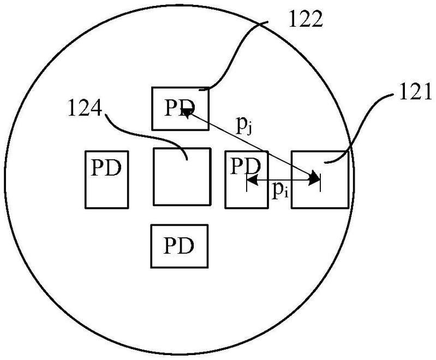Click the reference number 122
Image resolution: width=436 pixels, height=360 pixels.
[306, 19]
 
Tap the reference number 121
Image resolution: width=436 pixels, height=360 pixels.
[415, 92]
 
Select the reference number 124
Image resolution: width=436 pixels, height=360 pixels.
[85, 108]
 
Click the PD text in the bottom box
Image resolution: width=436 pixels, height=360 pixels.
[178, 246]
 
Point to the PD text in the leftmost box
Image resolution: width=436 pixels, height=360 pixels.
[106, 167]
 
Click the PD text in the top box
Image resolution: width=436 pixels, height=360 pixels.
[180, 107]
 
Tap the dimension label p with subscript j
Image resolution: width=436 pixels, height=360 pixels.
[244, 126]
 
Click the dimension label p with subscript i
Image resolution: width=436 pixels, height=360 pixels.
[280, 191]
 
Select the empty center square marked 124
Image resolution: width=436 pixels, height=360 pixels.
[182, 177]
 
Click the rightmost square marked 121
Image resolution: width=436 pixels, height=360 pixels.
[320, 179]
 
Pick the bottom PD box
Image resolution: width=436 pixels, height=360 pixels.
[180, 246]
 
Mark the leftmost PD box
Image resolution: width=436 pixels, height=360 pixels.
[107, 179]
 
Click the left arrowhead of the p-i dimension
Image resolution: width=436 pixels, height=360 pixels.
[252, 181]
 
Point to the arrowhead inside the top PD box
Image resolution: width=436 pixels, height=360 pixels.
[187, 113]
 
